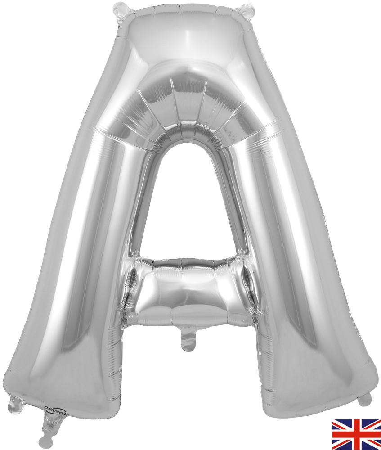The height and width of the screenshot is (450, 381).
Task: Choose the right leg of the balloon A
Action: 297,270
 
